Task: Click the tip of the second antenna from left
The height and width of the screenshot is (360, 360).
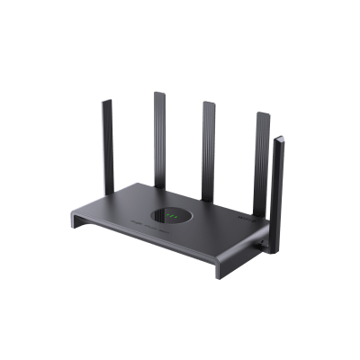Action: [159, 94]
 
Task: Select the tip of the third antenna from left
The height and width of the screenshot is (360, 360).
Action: [210, 101]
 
